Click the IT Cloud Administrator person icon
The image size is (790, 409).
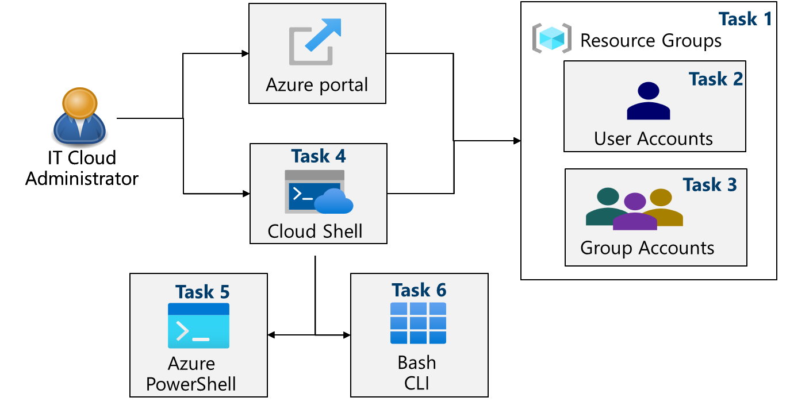79,117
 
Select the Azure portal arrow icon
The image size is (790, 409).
315,41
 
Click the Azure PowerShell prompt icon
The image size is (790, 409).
198,326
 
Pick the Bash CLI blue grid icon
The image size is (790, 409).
419,323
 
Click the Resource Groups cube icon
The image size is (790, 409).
552,39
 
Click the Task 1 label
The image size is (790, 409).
745,19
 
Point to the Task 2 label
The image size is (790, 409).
716,79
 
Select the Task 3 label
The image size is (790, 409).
710,184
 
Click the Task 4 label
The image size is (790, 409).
319,156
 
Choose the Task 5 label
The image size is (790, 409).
202,292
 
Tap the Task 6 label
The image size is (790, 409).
419,290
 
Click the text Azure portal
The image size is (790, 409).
317,85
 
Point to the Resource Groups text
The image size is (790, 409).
651,41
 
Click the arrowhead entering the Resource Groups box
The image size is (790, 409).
517,141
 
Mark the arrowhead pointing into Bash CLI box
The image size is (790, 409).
347,334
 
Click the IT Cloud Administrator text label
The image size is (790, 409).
82,168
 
